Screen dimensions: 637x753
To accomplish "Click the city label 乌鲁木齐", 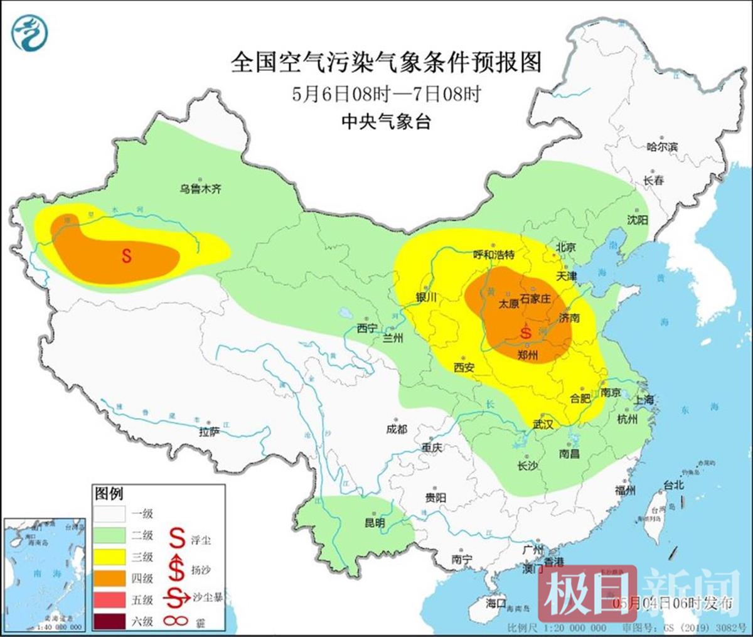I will pyautogui.click(x=201, y=188).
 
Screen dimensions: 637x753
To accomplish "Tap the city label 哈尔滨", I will pyautogui.click(x=662, y=147).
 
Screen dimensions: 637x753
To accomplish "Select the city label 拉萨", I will pyautogui.click(x=210, y=432).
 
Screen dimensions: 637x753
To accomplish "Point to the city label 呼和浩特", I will pyautogui.click(x=493, y=254).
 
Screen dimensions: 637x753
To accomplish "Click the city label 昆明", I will pyautogui.click(x=375, y=522).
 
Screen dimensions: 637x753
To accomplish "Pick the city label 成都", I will pyautogui.click(x=397, y=429).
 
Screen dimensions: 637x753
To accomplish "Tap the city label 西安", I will pyautogui.click(x=464, y=368).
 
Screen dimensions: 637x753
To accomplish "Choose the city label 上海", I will pyautogui.click(x=643, y=399).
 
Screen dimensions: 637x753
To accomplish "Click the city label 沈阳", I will pyautogui.click(x=637, y=220).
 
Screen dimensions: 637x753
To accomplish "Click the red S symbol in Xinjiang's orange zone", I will pyautogui.click(x=126, y=256).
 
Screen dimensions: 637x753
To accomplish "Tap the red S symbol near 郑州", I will pyautogui.click(x=526, y=331).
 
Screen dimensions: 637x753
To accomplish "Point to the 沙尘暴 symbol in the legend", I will pyautogui.click(x=178, y=599).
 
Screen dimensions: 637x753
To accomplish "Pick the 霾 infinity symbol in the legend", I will pyautogui.click(x=178, y=621).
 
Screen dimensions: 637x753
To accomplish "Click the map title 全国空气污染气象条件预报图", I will pyautogui.click(x=385, y=62).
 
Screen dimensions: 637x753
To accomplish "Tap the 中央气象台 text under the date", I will pyautogui.click(x=386, y=122).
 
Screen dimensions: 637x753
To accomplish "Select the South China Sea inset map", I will pyautogui.click(x=43, y=574).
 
